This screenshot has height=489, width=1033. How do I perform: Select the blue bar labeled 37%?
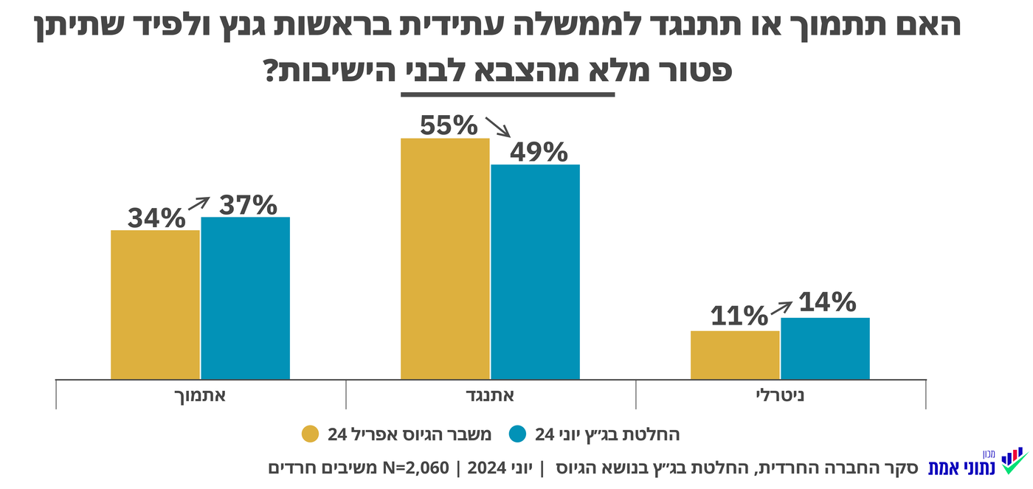coord(245,298)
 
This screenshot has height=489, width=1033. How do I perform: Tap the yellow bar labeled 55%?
coord(445,258)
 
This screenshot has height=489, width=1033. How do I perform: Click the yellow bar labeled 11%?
coord(735,355)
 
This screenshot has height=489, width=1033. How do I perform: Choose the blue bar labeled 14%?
coord(825,348)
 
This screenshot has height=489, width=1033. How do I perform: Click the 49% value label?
coord(538,152)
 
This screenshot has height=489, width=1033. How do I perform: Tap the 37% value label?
coord(248,204)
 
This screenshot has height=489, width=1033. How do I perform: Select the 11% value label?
coord(739,317)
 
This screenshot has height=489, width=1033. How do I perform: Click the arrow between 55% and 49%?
coord(497,126)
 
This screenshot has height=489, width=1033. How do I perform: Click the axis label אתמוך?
coord(201,395)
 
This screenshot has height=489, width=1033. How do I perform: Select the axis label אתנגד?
coord(491,395)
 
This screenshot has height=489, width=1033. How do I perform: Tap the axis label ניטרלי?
coord(781,395)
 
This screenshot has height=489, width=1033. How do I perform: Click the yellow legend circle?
coord(311,434)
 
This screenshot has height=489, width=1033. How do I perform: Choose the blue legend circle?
coord(517,434)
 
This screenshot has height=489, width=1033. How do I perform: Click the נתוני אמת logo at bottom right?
coord(977,462)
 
